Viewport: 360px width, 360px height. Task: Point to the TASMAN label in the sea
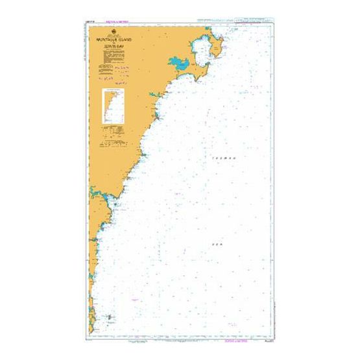click(222, 158)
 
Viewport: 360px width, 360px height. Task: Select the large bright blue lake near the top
click(178, 64)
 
